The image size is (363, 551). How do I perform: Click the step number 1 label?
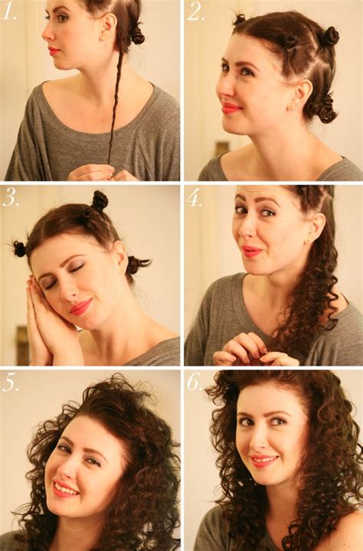coord(10,10)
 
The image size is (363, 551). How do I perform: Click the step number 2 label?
coord(196,11)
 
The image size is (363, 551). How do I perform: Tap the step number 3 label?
coord(11,198)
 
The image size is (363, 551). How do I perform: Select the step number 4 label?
coord(195,197)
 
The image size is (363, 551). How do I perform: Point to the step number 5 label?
coord(10,381)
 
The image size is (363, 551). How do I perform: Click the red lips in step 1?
coord(53,51)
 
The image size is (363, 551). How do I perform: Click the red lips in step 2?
coord(231,108)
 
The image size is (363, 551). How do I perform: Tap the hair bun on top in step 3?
coord(99,201)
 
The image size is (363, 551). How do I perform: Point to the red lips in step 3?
coord(80,307)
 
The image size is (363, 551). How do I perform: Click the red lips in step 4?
coord(251,250)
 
